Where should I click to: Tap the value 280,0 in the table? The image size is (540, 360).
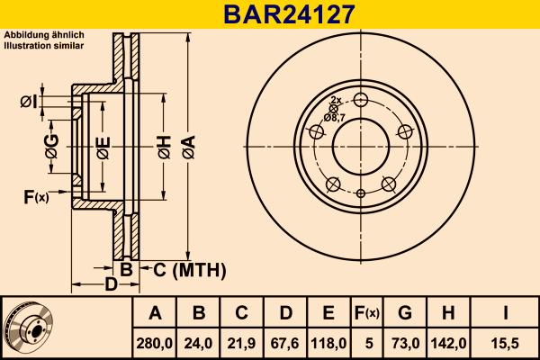pyautogui.click(x=155, y=342)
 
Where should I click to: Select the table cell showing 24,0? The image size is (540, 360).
pyautogui.click(x=200, y=342)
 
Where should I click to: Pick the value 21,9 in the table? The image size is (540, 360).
pyautogui.click(x=242, y=342)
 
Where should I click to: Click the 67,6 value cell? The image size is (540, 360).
pyautogui.click(x=285, y=342)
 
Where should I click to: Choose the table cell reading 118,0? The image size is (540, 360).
pyautogui.click(x=328, y=342)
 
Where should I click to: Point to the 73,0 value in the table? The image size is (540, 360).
pyautogui.click(x=405, y=342)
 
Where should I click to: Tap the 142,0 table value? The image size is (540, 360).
pyautogui.click(x=448, y=342)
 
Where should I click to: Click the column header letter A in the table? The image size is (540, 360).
pyautogui.click(x=155, y=313)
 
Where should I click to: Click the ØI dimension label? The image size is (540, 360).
pyautogui.click(x=27, y=101)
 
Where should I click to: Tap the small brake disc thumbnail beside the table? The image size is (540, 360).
pyautogui.click(x=27, y=328)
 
